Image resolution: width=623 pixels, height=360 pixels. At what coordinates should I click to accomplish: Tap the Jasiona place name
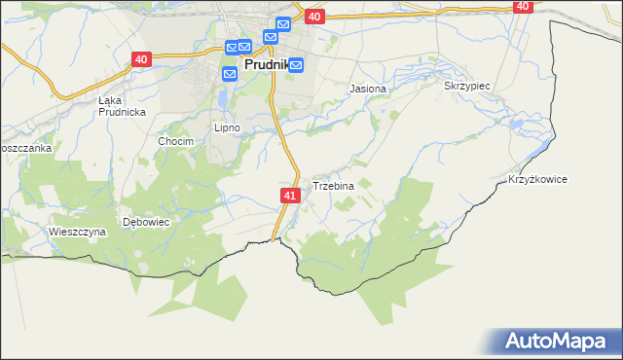click(368, 89)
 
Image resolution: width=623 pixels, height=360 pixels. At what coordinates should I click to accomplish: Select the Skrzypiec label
click(466, 86)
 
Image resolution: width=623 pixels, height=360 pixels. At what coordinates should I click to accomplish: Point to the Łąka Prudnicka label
click(122, 106)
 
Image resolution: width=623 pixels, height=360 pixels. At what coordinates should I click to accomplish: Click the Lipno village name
click(227, 127)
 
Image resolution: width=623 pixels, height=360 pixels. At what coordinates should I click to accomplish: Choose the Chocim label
click(176, 141)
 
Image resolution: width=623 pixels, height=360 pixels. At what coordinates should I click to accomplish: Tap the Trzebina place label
click(333, 186)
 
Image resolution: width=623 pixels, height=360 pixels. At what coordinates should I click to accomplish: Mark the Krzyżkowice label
click(537, 180)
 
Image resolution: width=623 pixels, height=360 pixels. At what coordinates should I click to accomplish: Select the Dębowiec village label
click(147, 222)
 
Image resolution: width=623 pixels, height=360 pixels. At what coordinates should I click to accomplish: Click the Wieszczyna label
click(77, 232)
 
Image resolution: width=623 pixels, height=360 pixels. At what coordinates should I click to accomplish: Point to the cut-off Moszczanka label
click(25, 148)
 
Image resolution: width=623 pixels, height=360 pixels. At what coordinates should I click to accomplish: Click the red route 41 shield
click(290, 196)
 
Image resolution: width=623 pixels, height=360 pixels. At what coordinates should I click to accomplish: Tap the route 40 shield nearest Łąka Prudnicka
click(142, 59)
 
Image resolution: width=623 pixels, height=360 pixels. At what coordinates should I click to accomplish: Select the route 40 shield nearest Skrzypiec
click(523, 6)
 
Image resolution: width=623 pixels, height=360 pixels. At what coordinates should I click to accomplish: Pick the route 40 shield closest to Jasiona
click(313, 17)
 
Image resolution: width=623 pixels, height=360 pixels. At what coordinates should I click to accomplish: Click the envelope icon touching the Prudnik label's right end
click(296, 65)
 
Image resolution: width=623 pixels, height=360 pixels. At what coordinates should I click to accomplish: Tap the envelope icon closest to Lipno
click(230, 73)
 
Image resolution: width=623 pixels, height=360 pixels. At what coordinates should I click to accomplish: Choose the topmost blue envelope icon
click(283, 24)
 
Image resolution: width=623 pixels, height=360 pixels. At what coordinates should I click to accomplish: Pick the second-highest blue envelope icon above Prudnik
click(270, 37)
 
